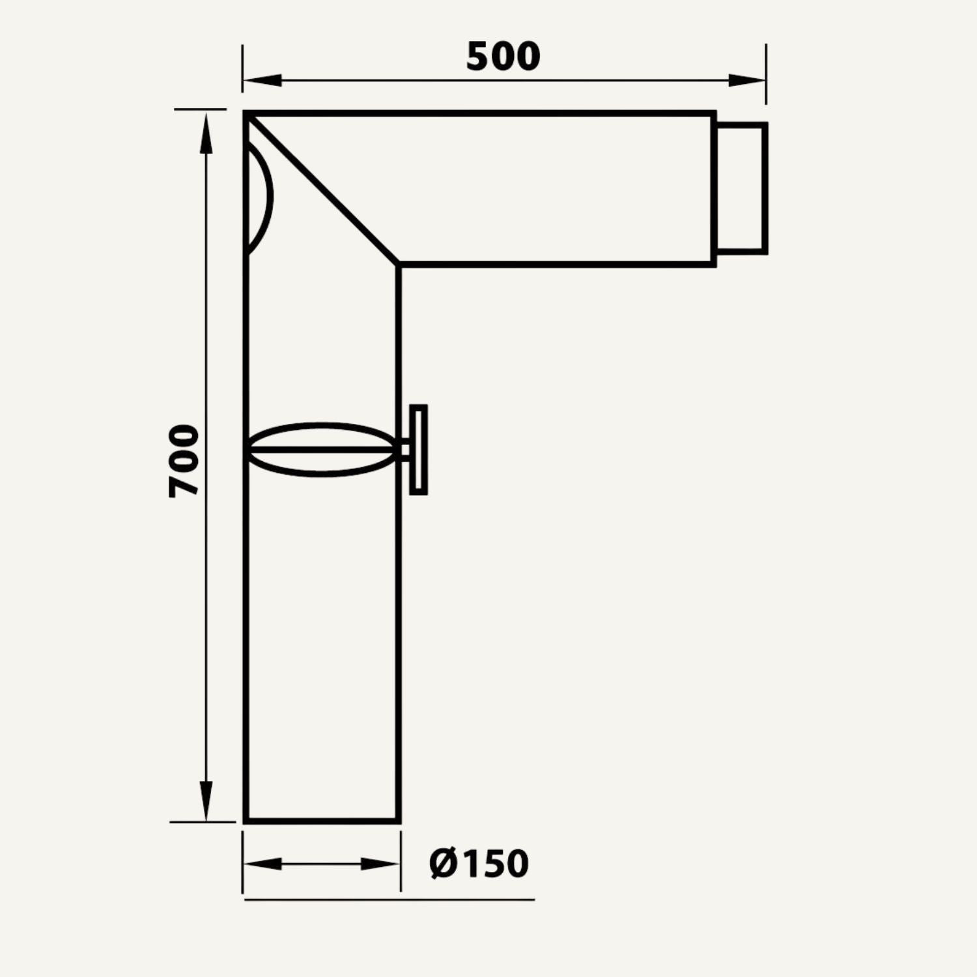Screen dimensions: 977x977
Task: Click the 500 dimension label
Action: (503, 56)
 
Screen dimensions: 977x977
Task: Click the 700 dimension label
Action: (183, 461)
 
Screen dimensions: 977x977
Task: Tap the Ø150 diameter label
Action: (479, 864)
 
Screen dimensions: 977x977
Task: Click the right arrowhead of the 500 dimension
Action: (746, 80)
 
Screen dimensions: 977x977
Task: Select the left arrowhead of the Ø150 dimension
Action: (262, 864)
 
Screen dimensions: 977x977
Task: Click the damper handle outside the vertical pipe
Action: (418, 449)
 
